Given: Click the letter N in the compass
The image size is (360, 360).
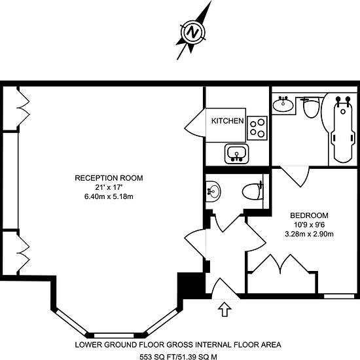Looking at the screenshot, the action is (192, 32).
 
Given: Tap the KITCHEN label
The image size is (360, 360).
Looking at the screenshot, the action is (227, 121).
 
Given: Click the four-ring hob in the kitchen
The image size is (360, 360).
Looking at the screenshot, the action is (257, 128).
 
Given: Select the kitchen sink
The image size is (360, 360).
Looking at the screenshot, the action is (237, 154).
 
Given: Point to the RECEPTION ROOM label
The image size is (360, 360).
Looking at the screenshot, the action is (109, 178).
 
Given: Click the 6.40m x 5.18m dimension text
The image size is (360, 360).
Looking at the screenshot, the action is (109, 196).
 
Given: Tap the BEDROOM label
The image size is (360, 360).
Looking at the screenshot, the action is (309, 215).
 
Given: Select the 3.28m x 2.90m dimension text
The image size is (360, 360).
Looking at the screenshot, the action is (309, 234).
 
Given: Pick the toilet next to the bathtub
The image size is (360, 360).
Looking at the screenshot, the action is (312, 107).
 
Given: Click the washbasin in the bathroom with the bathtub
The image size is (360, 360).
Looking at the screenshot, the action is (283, 105).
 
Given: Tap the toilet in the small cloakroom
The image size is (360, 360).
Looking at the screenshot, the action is (252, 191).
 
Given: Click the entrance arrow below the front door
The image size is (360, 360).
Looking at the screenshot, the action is (225, 309).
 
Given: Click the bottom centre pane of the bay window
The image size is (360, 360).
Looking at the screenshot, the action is (114, 335).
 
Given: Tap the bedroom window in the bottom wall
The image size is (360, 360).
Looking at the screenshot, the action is (339, 296).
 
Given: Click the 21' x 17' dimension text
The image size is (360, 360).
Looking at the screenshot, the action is (108, 187).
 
